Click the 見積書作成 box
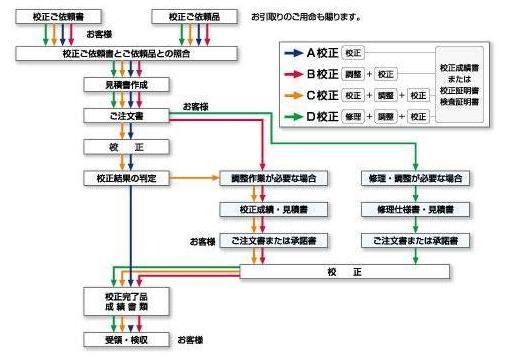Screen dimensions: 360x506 pos(124,85)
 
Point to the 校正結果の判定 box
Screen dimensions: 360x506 pos(124,178)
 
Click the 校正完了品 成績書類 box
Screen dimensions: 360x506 pos(124,301)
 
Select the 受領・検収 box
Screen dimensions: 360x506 pos(124,340)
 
